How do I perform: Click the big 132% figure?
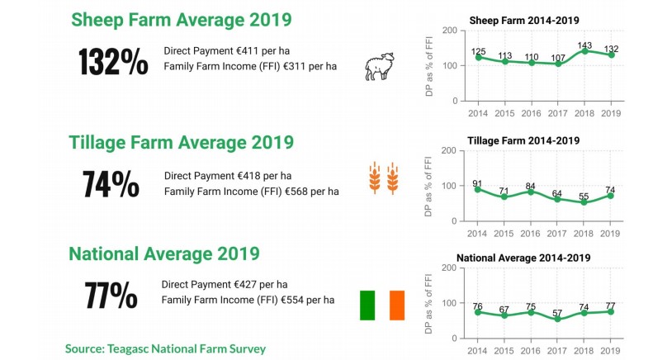113,62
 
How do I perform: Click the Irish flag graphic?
381,305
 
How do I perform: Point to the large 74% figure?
111,184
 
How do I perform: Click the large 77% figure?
111,295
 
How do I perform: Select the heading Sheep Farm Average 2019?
181,19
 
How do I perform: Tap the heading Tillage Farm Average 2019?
181,142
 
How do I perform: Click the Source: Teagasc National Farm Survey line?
165,349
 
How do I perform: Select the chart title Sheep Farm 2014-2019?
524,19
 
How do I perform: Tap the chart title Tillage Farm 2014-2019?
523,141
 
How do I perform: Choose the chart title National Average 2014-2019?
523,258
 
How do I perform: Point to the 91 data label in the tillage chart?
478,183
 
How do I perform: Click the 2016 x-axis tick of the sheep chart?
532,111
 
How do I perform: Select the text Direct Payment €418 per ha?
228,175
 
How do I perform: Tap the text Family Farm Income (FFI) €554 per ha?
248,299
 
